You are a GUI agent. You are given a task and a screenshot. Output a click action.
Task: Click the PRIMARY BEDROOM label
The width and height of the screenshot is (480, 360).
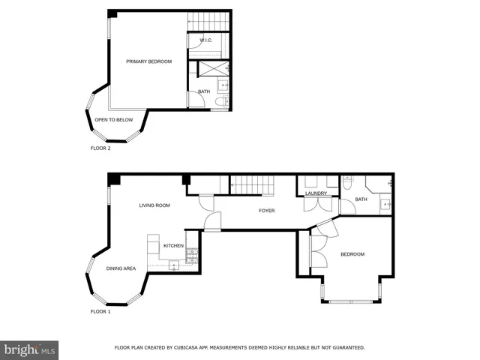tap(148, 61)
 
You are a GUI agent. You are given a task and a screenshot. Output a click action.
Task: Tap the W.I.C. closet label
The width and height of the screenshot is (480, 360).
tap(207, 40)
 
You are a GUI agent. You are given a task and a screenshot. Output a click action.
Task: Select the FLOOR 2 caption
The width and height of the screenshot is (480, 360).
tap(100, 148)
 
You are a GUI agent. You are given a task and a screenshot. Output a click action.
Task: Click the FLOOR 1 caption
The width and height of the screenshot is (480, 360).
tap(100, 310)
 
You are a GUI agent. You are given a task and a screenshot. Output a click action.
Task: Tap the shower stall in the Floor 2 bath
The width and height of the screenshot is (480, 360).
tap(212, 69)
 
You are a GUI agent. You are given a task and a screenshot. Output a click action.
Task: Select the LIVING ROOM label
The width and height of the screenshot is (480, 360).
tap(154, 205)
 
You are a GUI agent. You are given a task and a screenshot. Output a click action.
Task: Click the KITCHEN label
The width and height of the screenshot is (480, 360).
tap(173, 246)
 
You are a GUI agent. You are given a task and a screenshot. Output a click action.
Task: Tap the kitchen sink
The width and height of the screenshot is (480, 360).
tap(173, 264)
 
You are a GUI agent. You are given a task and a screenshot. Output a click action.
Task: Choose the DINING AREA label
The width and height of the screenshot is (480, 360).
tap(120, 268)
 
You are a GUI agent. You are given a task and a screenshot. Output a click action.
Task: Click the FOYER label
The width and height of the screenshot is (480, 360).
tap(266, 211)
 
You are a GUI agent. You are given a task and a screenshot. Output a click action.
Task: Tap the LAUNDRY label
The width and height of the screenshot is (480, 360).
tap(316, 193)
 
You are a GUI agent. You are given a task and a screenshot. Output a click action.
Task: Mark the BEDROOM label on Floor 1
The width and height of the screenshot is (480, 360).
tap(352, 254)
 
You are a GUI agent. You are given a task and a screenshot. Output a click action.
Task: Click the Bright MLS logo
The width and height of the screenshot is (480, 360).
tap(29, 349)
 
